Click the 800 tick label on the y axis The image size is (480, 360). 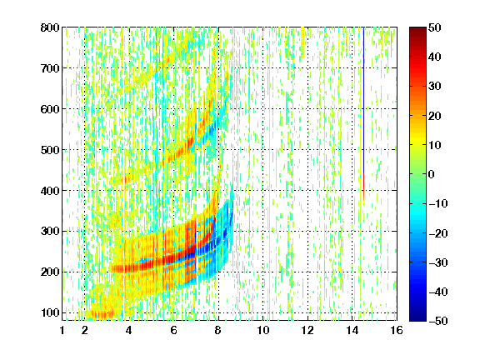click(50, 27)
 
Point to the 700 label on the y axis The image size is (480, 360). click(50, 68)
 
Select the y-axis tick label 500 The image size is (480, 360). click(50, 150)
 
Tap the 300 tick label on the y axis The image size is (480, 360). click(50, 231)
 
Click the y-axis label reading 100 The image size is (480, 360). click(50, 312)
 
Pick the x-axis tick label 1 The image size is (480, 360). click(62, 330)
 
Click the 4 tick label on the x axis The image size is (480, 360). click(129, 330)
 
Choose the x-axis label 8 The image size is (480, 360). click(218, 330)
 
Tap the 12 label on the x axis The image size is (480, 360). click(307, 330)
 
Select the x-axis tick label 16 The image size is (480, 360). click(397, 330)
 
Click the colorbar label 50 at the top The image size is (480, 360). click(435, 27)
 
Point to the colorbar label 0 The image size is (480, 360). click(432, 174)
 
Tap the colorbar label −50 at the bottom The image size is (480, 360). click(438, 321)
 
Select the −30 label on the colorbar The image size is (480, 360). click(438, 262)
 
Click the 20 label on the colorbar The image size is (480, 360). click(435, 116)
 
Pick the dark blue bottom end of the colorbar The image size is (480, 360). click(417, 318)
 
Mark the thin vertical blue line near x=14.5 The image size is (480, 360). click(363, 100)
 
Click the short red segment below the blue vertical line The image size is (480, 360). click(363, 186)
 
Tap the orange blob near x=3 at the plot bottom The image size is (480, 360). click(99, 315)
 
